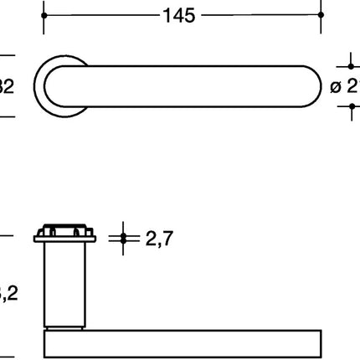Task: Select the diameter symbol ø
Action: pyautogui.click(x=335, y=85)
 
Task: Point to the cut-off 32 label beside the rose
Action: pyautogui.click(x=7, y=85)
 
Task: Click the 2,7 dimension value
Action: pyautogui.click(x=159, y=240)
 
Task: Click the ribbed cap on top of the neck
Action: pyautogui.click(x=65, y=231)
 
